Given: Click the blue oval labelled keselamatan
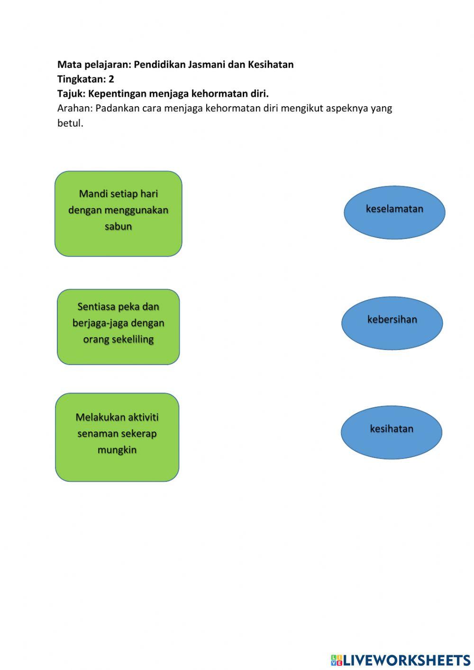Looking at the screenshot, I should pyautogui.click(x=394, y=212).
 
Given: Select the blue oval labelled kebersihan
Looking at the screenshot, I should pyautogui.click(x=392, y=323).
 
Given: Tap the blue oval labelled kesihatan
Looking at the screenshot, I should pyautogui.click(x=392, y=432).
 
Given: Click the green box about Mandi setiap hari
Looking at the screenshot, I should pyautogui.click(x=118, y=214).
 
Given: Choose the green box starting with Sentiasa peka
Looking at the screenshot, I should pyautogui.click(x=118, y=327).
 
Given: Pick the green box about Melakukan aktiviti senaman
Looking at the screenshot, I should pyautogui.click(x=117, y=437).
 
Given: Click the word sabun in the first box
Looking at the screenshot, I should pyautogui.click(x=118, y=227).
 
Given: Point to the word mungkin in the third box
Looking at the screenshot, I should pyautogui.click(x=117, y=450).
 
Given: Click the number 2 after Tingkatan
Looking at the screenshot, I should pyautogui.click(x=111, y=79).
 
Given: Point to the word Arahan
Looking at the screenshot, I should pyautogui.click(x=74, y=108).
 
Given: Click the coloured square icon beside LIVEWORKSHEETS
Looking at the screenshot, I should pyautogui.click(x=336, y=660).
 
